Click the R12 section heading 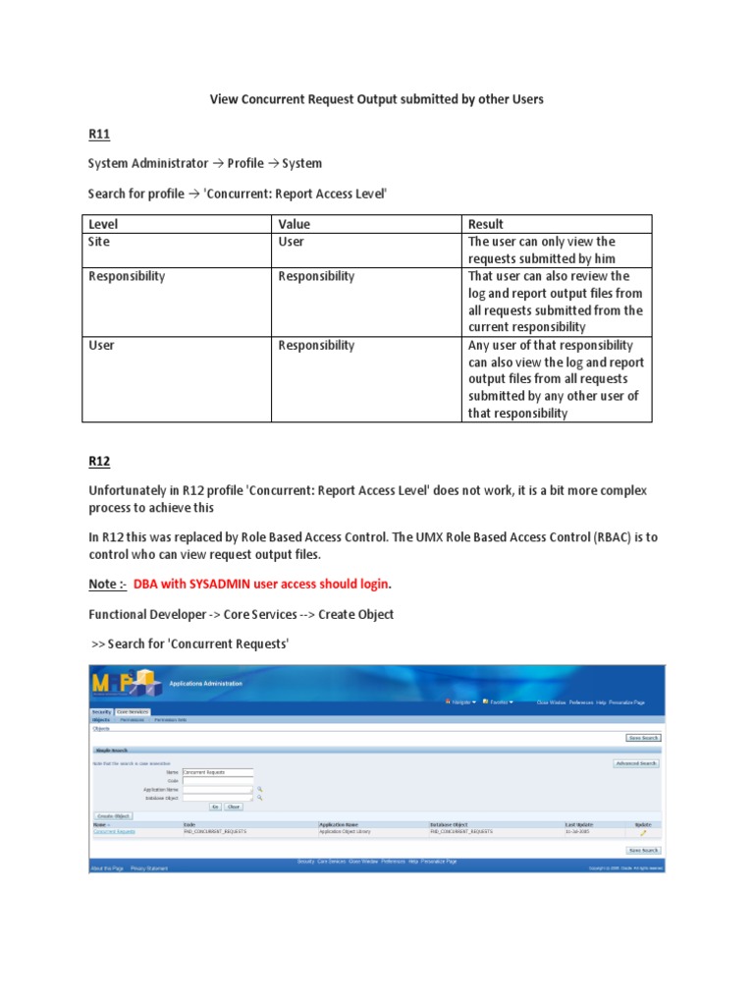pos(98,459)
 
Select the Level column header pos(103,224)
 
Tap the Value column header pos(295,224)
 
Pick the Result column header pos(486,224)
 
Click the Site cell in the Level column pos(99,242)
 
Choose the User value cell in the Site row pos(292,242)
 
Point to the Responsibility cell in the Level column pos(127,276)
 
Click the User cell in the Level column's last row pos(102,345)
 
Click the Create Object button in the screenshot pos(113,815)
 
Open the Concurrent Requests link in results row pos(114,832)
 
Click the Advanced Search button pos(636,763)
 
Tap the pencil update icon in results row pos(643,833)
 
